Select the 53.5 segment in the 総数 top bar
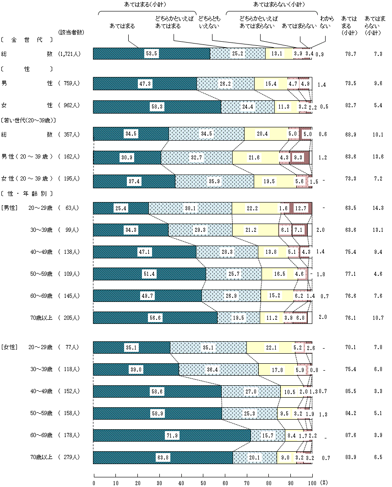(x=152, y=54)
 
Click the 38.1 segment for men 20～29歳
(x=190, y=208)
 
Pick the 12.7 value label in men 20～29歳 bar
(x=301, y=208)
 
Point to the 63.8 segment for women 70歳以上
(x=163, y=457)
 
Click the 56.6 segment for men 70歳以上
(x=155, y=317)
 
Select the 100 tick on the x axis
(x=312, y=482)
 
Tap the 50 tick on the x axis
(x=203, y=482)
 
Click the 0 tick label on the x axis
(x=94, y=482)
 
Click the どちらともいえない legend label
(x=209, y=23)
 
